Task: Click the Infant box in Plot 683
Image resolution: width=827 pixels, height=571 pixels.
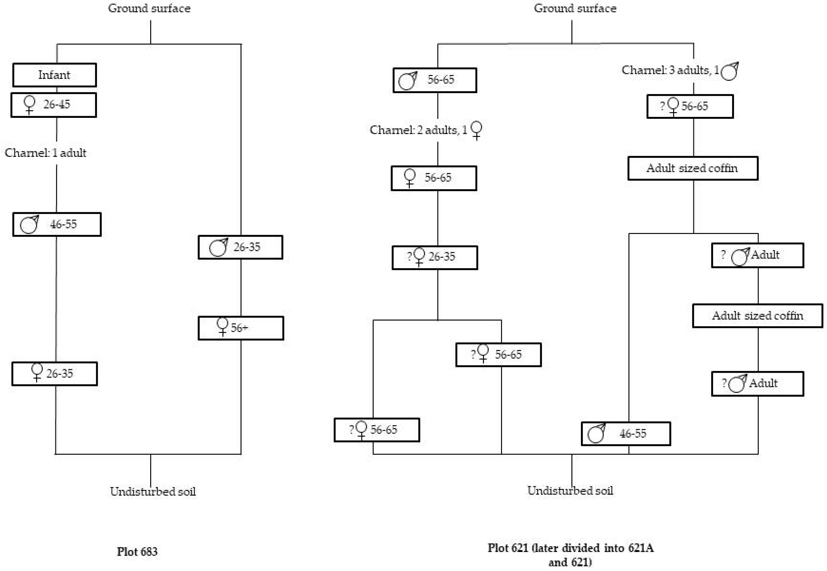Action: tap(54, 75)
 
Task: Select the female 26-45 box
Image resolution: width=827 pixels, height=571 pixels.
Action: tap(54, 105)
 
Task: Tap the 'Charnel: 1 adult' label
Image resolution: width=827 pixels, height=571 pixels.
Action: tap(46, 153)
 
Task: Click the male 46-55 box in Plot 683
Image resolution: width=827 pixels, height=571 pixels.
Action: tap(57, 224)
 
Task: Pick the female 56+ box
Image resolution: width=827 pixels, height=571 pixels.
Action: tap(241, 328)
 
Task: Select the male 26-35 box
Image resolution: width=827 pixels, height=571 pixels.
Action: tap(240, 247)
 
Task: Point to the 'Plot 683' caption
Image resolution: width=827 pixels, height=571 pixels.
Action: tap(137, 551)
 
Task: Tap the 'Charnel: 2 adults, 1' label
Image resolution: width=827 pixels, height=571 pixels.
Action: tap(418, 130)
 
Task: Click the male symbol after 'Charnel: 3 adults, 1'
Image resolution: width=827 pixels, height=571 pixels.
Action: tap(730, 71)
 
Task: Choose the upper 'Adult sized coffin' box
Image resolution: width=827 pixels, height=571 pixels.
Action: tap(693, 168)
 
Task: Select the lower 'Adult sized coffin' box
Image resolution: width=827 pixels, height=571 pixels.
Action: tap(757, 316)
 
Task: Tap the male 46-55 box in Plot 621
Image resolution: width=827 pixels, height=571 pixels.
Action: tap(626, 434)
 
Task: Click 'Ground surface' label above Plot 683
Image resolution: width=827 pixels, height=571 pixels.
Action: tap(149, 8)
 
